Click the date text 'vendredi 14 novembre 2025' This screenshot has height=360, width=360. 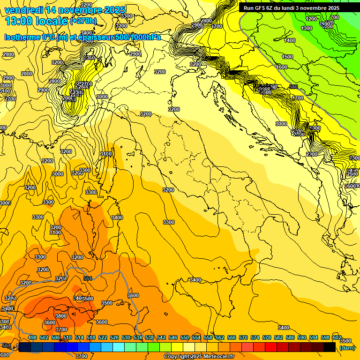[65, 10]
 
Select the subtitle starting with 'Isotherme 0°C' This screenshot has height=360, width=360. [82, 37]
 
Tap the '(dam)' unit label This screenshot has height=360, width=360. [347, 347]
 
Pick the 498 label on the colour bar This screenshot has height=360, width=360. [32, 337]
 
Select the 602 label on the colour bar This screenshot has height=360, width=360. [337, 337]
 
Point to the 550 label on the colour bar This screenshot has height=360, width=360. [185, 337]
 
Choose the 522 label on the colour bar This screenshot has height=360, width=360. [103, 337]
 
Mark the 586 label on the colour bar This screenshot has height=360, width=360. [290, 337]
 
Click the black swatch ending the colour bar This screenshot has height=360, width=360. [330, 347]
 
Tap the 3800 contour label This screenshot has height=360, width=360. [61, 316]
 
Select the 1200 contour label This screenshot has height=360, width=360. [311, 19]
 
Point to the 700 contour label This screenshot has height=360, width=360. [334, 17]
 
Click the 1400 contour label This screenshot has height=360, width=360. [290, 41]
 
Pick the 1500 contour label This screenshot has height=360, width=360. [287, 57]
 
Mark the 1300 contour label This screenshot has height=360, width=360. [307, 29]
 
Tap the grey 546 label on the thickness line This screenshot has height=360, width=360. [294, 87]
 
